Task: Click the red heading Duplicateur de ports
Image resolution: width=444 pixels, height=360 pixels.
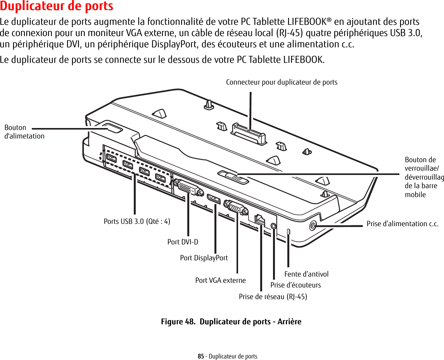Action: pos(57,7)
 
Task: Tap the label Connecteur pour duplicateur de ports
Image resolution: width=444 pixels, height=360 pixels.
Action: pos(282,82)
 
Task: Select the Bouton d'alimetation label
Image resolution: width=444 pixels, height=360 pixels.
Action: pos(24,132)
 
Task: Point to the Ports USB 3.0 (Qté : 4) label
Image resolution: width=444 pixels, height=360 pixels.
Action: pos(137,222)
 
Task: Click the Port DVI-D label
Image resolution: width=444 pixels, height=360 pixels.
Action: pos(183,242)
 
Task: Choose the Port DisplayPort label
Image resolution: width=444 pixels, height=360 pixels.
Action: pos(204,258)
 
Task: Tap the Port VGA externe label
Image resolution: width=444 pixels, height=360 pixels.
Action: pos(220,280)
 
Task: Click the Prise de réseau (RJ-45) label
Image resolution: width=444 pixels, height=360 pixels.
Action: pos(273,297)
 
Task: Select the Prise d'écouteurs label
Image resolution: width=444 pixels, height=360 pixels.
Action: pos(295,285)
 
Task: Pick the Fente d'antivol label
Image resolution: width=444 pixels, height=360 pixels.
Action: pos(306,274)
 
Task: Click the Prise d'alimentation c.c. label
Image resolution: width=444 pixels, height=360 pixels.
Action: pos(403,224)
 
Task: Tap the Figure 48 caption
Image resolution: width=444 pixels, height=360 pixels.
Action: pos(231,322)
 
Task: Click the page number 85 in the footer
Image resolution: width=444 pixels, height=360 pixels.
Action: pos(200,356)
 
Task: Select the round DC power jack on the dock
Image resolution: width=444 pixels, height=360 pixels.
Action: pos(313,225)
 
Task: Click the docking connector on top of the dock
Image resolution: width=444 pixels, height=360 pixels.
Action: pos(249,132)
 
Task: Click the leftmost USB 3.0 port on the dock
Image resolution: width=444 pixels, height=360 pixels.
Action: pos(111,159)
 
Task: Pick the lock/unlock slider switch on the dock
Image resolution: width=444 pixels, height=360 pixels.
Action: pos(233,177)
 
